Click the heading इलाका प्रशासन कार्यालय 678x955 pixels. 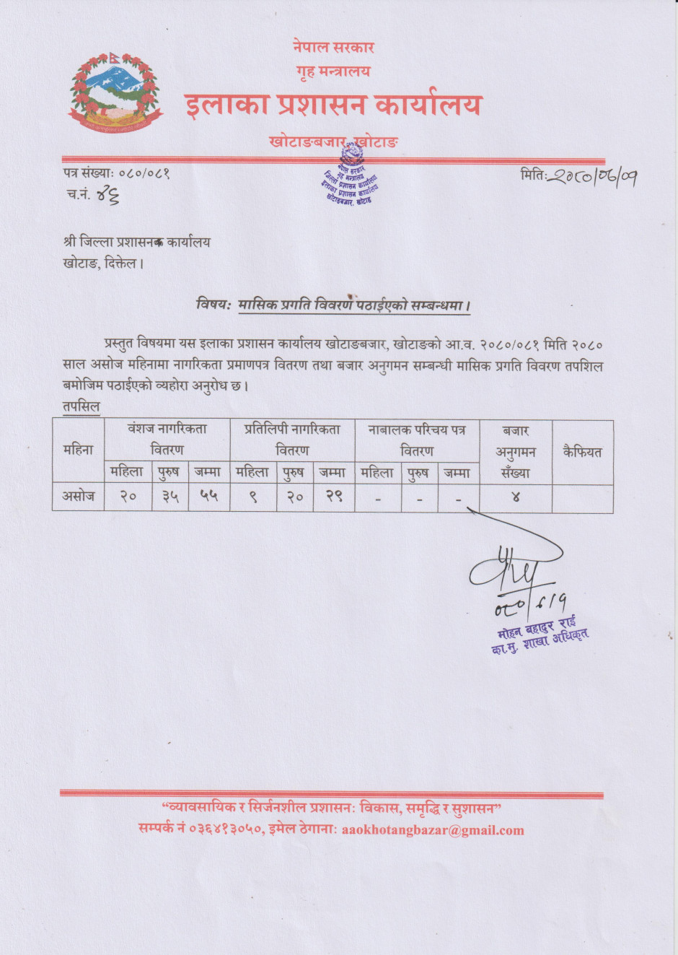[x=333, y=105]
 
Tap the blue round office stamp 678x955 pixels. [x=350, y=175]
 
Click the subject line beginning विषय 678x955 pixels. [x=333, y=305]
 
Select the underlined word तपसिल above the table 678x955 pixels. [x=80, y=407]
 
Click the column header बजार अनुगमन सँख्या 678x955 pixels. [x=516, y=452]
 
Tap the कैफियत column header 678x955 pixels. [x=582, y=453]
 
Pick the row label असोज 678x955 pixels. [x=78, y=497]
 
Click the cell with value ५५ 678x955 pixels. [x=208, y=497]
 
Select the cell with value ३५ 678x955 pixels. [x=170, y=497]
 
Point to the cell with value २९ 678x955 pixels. [x=333, y=497]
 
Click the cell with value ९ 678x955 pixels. [x=253, y=497]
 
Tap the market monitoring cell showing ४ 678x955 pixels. [x=516, y=497]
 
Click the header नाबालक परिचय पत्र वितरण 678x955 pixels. [x=417, y=440]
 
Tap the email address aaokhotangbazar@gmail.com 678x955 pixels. [x=433, y=830]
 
